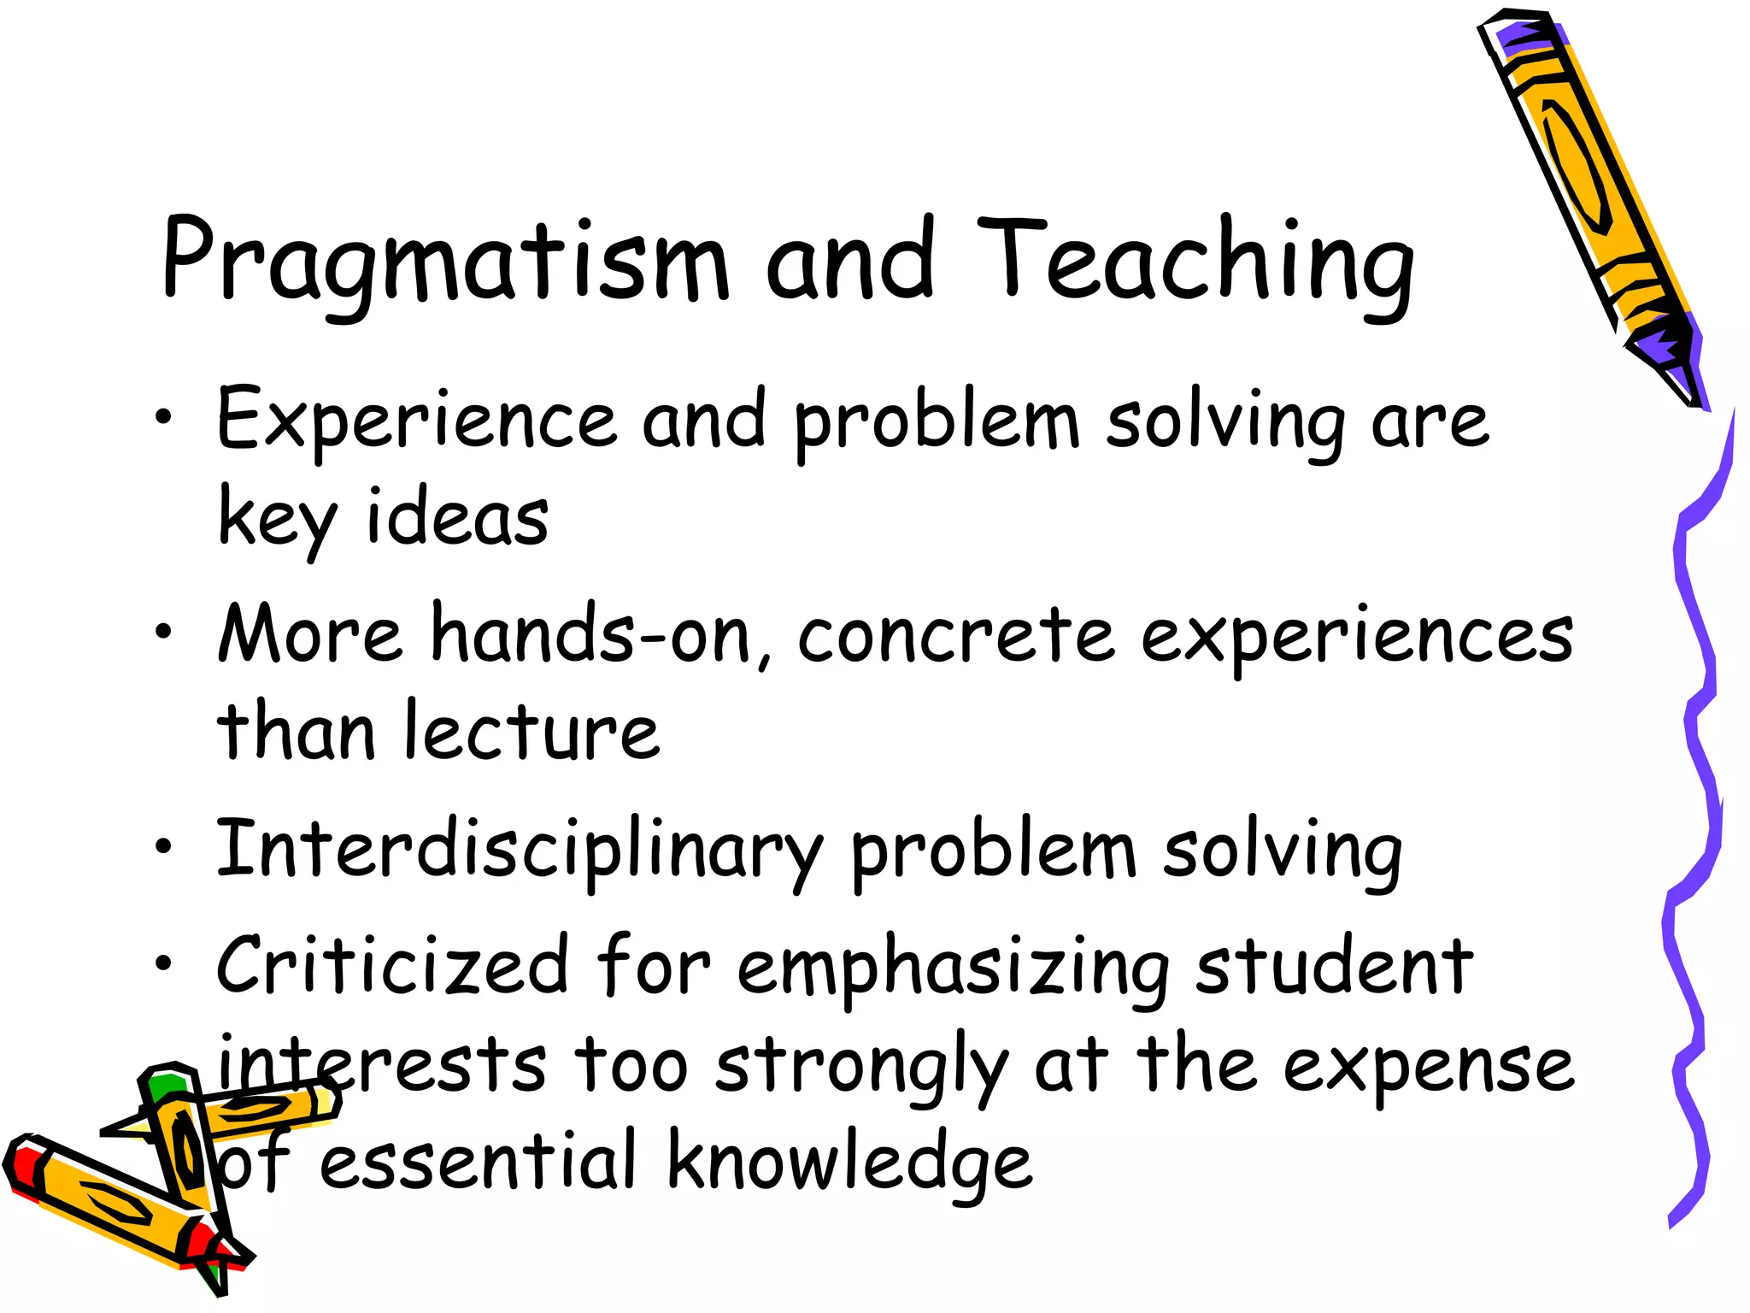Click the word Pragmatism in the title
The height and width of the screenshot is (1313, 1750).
click(x=444, y=261)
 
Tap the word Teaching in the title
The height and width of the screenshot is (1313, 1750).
click(x=1196, y=261)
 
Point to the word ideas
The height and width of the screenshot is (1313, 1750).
click(x=457, y=518)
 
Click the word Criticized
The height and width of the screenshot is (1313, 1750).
click(x=393, y=966)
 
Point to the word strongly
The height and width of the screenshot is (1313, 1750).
click(x=863, y=1069)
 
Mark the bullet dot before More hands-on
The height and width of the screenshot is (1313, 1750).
click(x=163, y=633)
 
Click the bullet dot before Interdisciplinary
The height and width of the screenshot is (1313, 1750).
click(x=163, y=847)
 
